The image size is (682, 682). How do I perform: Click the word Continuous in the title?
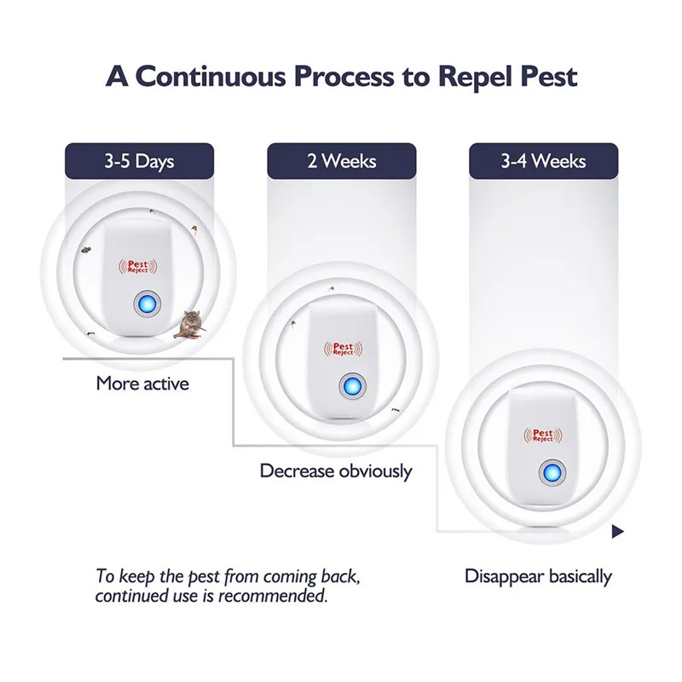214,76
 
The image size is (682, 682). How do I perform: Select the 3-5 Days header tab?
139,161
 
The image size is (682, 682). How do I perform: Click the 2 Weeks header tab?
341,161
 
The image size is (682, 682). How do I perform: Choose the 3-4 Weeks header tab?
543,161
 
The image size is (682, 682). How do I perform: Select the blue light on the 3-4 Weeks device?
550,471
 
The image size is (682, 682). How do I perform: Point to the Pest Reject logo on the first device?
138,268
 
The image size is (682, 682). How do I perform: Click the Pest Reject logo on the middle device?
342,348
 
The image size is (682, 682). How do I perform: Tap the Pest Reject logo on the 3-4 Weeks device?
543,435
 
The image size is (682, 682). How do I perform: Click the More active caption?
142,384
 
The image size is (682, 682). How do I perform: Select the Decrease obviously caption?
336,471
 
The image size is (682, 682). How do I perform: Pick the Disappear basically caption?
538,576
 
